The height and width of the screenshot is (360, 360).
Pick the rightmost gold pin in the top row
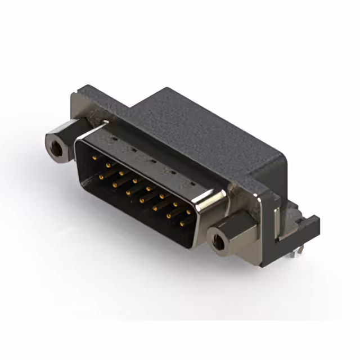tap(189, 212)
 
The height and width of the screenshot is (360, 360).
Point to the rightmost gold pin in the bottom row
tap(182, 224)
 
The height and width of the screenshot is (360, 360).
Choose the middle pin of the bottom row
tap(142, 200)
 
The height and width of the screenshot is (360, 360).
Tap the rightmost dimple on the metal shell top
tap(190, 184)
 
